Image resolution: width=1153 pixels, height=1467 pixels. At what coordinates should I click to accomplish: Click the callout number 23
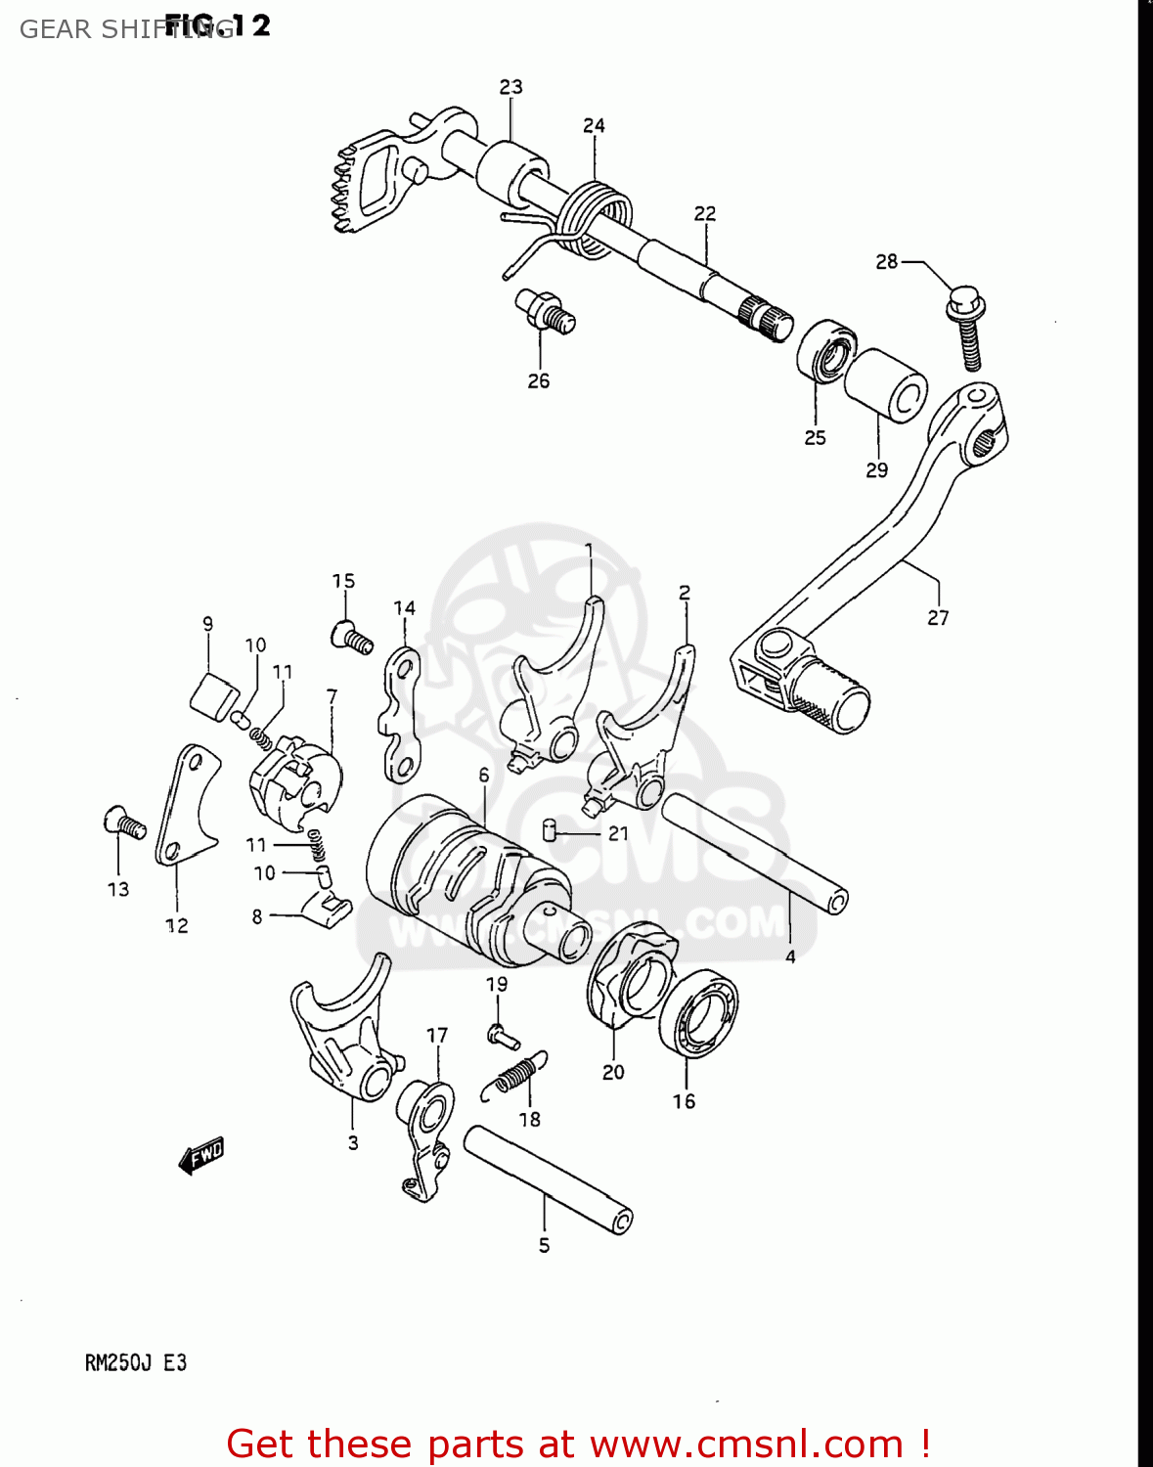(510, 87)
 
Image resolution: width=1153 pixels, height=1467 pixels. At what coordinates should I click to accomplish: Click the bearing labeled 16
(698, 1013)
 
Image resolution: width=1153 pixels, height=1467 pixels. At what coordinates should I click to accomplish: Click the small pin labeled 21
(551, 831)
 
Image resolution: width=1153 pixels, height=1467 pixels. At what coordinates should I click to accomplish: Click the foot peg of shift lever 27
(829, 692)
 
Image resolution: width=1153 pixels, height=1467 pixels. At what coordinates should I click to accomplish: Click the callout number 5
(544, 1245)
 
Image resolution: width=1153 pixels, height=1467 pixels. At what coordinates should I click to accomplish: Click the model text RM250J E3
(135, 1362)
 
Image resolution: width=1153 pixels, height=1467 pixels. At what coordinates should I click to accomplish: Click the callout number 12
(176, 925)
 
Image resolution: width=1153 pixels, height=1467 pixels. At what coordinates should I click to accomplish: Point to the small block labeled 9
(214, 695)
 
